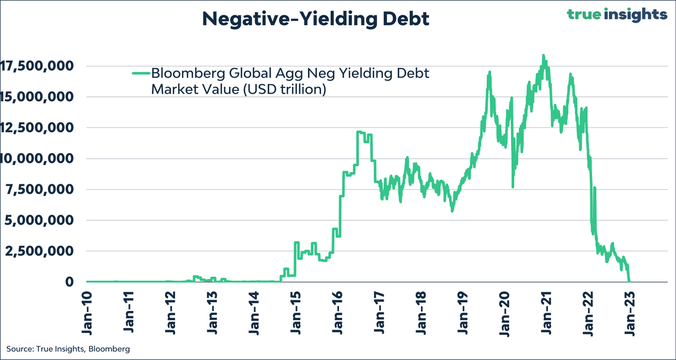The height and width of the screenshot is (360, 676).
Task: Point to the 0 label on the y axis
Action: pos(70,282)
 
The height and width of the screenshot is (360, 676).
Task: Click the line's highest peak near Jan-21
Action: pos(543,56)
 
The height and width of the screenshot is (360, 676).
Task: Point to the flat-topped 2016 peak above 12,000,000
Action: pos(361,132)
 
